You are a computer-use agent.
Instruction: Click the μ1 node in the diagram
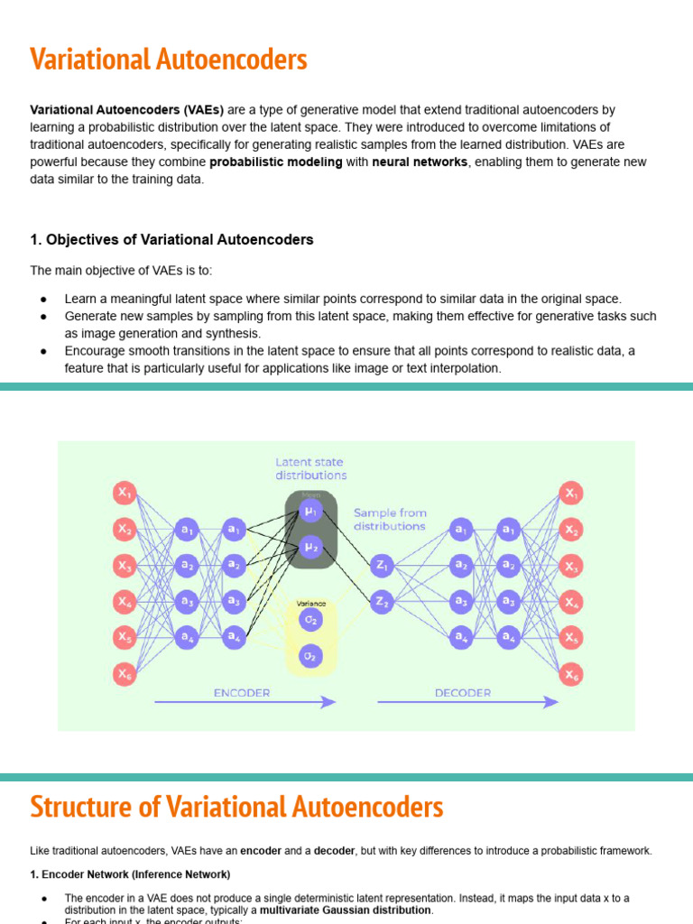pyautogui.click(x=311, y=512)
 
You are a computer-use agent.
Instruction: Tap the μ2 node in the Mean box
pyautogui.click(x=311, y=546)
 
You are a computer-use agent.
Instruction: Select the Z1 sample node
pyautogui.click(x=382, y=566)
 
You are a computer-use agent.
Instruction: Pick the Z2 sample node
pyautogui.click(x=382, y=600)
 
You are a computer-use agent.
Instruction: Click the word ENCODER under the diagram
pyautogui.click(x=241, y=692)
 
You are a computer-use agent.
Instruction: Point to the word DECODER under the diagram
pyautogui.click(x=463, y=692)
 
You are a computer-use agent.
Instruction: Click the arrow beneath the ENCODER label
pyautogui.click(x=245, y=702)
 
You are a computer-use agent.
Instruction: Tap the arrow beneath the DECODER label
pyautogui.click(x=467, y=702)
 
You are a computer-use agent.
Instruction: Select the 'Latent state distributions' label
pyautogui.click(x=311, y=468)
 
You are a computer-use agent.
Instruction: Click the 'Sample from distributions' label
pyautogui.click(x=390, y=519)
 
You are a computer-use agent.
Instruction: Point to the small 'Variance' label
pyautogui.click(x=311, y=604)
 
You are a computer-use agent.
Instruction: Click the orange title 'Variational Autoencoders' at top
pyautogui.click(x=169, y=60)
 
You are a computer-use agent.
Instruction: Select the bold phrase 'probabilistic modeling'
pyautogui.click(x=276, y=162)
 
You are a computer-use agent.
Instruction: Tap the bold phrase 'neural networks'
pyautogui.click(x=420, y=162)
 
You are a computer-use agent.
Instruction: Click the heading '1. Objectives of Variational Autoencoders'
pyautogui.click(x=172, y=239)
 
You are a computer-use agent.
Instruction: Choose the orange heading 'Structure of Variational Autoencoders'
pyautogui.click(x=236, y=806)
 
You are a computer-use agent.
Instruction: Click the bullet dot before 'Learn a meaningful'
pyautogui.click(x=43, y=299)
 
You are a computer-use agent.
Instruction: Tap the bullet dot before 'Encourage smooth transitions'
pyautogui.click(x=43, y=351)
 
